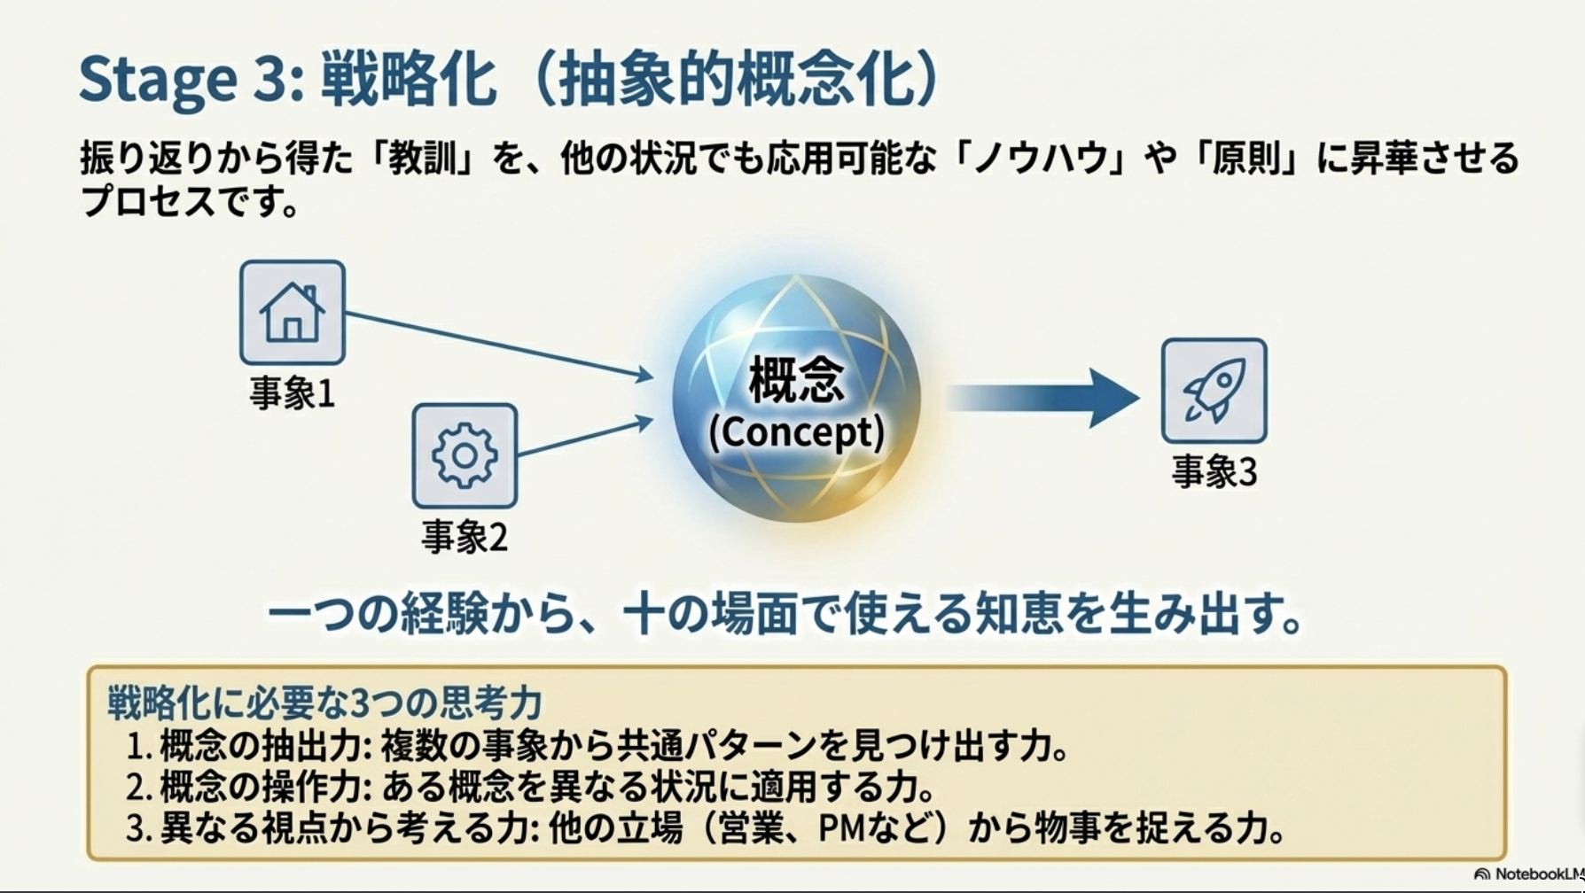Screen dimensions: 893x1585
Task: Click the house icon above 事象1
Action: tap(292, 312)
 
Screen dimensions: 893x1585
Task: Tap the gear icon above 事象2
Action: tap(465, 455)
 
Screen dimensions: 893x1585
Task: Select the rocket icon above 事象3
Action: tap(1214, 391)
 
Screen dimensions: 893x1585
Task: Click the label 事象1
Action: tap(292, 393)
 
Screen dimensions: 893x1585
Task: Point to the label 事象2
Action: tap(465, 537)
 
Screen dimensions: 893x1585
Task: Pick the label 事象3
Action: tap(1214, 472)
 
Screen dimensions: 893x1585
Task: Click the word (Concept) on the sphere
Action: tap(796, 432)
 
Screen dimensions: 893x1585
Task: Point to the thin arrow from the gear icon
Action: tap(585, 438)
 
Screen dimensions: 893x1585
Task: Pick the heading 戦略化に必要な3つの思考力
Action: tap(324, 703)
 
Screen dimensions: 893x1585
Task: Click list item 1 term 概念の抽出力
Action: tap(262, 746)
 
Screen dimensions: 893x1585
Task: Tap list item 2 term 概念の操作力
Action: tap(262, 787)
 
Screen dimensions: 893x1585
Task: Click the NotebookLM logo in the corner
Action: tap(1526, 874)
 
